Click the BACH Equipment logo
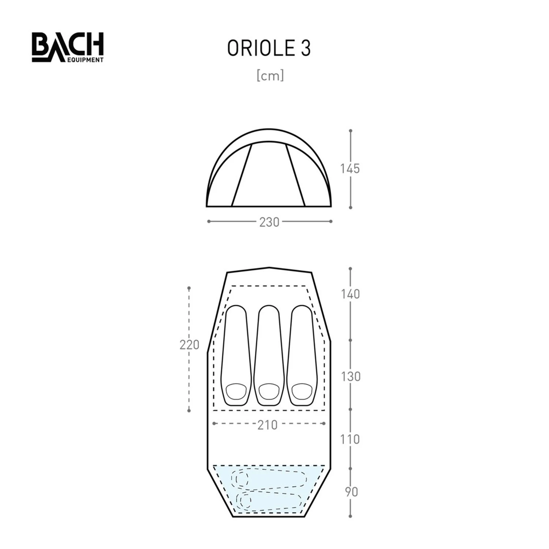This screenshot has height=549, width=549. pyautogui.click(x=68, y=47)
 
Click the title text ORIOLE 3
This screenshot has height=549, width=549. pyautogui.click(x=269, y=48)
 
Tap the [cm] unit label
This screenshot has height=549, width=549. pyautogui.click(x=270, y=76)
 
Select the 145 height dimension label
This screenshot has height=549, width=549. pyautogui.click(x=350, y=169)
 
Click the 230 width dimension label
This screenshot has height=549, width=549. pyautogui.click(x=269, y=222)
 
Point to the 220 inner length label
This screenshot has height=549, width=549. pyautogui.click(x=189, y=345)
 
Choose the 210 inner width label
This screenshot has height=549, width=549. pyautogui.click(x=268, y=425)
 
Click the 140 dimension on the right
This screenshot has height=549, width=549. pyautogui.click(x=351, y=294)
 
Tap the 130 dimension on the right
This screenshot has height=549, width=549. pyautogui.click(x=351, y=376)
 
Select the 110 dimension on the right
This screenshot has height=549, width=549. pyautogui.click(x=350, y=439)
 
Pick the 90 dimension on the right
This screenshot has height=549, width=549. pyautogui.click(x=351, y=492)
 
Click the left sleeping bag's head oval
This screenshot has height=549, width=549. pyautogui.click(x=236, y=392)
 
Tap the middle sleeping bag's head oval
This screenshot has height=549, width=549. pyautogui.click(x=269, y=392)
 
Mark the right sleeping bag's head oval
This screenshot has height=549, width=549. pyautogui.click(x=302, y=392)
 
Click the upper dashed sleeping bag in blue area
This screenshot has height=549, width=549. pyautogui.click(x=269, y=478)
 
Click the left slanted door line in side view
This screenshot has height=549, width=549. pyautogui.click(x=242, y=175)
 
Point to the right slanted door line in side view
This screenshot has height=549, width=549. pyautogui.click(x=295, y=175)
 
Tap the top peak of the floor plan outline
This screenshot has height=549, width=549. pyautogui.click(x=269, y=268)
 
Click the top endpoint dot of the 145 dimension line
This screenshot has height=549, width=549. pyautogui.click(x=351, y=130)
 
